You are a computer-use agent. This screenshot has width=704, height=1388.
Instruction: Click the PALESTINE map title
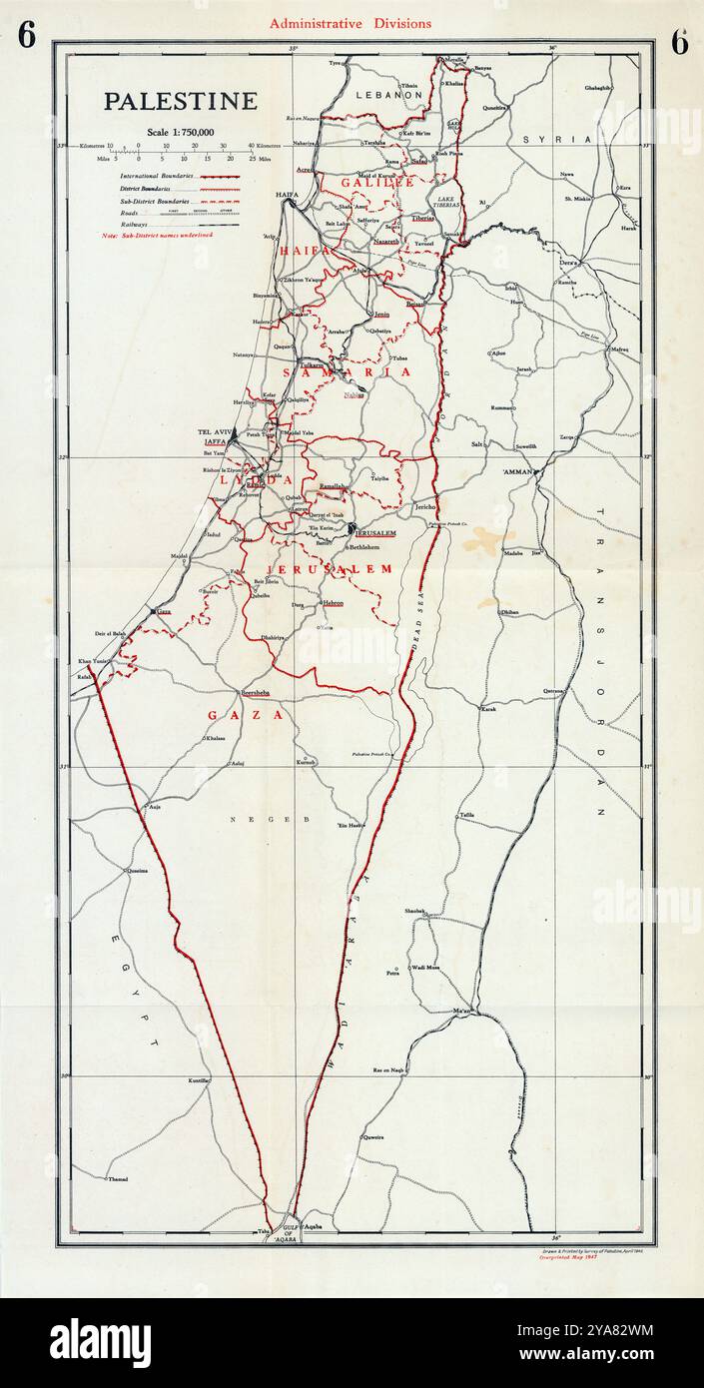point(181,101)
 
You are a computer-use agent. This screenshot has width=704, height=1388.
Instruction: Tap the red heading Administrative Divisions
point(351,23)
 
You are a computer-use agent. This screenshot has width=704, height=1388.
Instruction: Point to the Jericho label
point(425,507)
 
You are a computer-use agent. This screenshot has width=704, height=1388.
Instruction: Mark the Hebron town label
point(333,603)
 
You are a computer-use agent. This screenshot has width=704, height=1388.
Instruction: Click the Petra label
point(393,970)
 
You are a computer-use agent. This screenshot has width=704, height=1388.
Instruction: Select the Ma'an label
point(460,1013)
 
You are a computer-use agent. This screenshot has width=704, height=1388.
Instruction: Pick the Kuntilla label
point(198,1080)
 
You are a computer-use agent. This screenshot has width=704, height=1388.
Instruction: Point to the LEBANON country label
point(389,94)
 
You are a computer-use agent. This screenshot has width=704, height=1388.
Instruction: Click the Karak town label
point(488,709)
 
